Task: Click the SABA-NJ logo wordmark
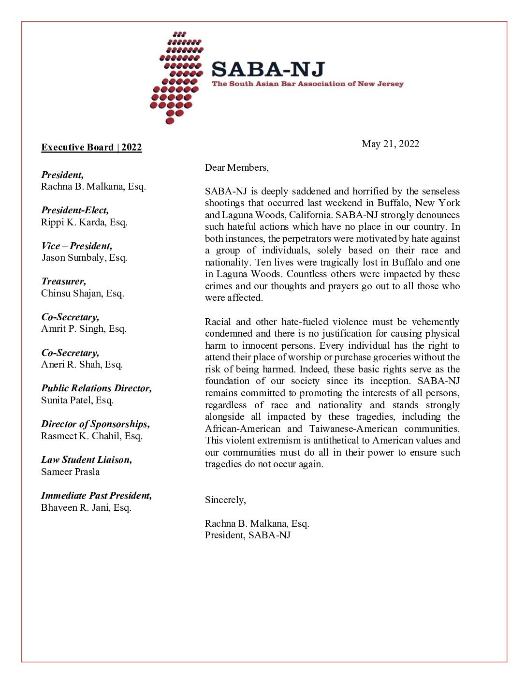click(268, 70)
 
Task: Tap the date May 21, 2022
click(390, 144)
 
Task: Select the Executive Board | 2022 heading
click(91, 148)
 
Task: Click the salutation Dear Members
click(236, 167)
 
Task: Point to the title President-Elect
click(75, 210)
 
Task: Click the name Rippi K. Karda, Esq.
click(84, 222)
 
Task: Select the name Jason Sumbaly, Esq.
click(84, 258)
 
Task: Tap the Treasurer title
click(63, 281)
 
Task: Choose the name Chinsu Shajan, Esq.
click(83, 294)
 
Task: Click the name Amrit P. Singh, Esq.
click(84, 329)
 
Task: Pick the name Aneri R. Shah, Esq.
click(82, 365)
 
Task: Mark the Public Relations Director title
click(96, 388)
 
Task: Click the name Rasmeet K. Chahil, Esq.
click(91, 436)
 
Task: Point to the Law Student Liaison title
click(87, 460)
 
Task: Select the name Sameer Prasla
click(71, 472)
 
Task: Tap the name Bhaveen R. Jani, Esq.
click(86, 508)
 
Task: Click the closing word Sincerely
click(225, 500)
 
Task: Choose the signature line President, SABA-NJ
click(248, 535)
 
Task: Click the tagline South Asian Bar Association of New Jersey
click(307, 84)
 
